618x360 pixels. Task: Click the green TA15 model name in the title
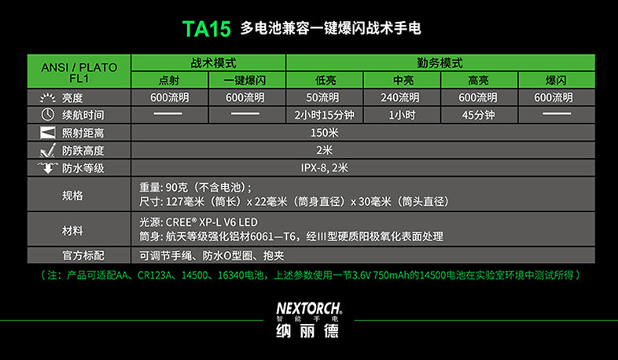pyautogui.click(x=207, y=29)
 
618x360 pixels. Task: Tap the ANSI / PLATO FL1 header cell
pyautogui.click(x=79, y=72)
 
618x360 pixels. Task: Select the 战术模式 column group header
pyautogui.click(x=208, y=63)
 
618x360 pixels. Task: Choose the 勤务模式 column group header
pyautogui.click(x=440, y=63)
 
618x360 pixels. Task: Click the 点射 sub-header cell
pyautogui.click(x=170, y=80)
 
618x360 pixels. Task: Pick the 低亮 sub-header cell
pyautogui.click(x=325, y=80)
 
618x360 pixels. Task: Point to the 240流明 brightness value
pyautogui.click(x=401, y=97)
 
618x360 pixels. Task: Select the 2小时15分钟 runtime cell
pyautogui.click(x=325, y=115)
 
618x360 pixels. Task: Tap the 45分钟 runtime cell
pyautogui.click(x=479, y=115)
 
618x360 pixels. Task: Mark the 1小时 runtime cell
pyautogui.click(x=402, y=115)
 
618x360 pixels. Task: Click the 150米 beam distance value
pyautogui.click(x=325, y=133)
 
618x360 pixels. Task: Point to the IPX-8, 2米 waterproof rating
pyautogui.click(x=325, y=167)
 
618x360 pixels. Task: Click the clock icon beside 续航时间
pyautogui.click(x=48, y=115)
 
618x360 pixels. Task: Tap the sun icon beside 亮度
pyautogui.click(x=48, y=97)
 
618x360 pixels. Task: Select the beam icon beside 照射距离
pyautogui.click(x=48, y=133)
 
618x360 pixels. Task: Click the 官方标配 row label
pyautogui.click(x=83, y=255)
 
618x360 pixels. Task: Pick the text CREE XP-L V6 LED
pyautogui.click(x=212, y=222)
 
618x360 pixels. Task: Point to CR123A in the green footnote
pyautogui.click(x=154, y=275)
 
